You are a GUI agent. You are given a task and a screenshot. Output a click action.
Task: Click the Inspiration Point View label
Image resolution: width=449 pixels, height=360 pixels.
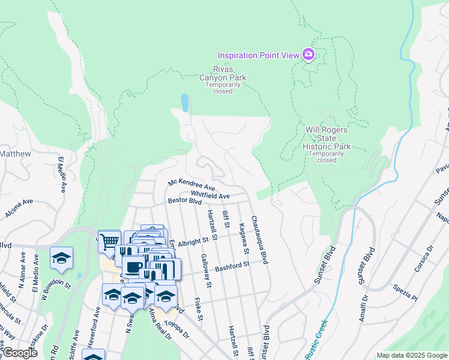tap(258, 55)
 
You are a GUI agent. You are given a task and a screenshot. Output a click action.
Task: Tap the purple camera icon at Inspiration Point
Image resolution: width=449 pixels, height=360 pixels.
tap(309, 55)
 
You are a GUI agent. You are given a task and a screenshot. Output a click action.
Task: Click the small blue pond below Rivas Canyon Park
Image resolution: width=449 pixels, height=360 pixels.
tap(184, 103)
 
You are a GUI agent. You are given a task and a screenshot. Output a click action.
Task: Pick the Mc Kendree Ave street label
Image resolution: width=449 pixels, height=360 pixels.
tap(191, 184)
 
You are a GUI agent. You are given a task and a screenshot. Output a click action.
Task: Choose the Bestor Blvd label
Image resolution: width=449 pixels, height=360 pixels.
tap(184, 202)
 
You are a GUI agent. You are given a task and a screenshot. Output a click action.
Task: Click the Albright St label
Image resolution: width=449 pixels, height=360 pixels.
tap(200, 239)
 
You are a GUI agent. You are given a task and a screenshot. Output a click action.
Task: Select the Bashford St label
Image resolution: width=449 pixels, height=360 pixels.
tap(232, 265)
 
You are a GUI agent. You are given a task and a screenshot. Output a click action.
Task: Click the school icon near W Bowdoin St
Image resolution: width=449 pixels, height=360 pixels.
tap(61, 258)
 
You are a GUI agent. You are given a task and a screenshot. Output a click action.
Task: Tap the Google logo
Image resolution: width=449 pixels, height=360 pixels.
tap(19, 353)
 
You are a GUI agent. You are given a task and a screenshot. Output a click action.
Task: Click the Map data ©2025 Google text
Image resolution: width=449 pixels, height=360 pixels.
tap(411, 355)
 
